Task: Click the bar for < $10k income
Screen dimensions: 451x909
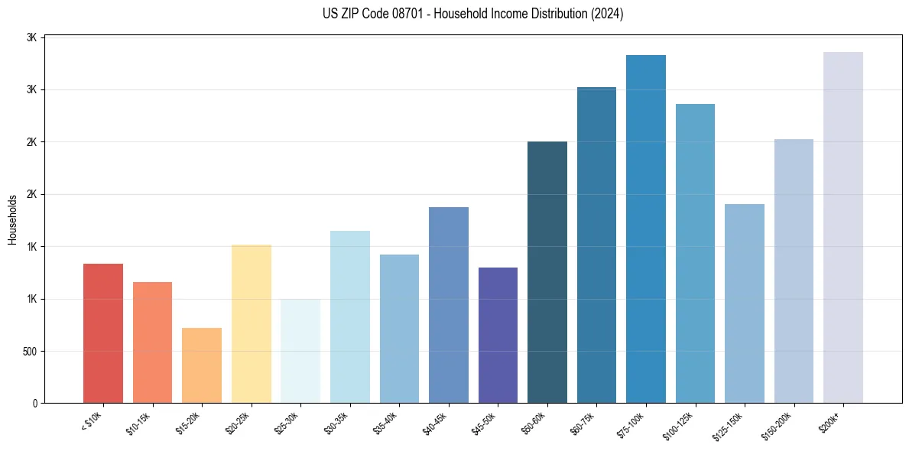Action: coord(103,333)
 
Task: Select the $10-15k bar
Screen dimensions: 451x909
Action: coord(152,342)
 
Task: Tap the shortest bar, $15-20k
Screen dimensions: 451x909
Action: coord(202,365)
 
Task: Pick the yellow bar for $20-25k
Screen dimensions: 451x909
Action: coord(252,323)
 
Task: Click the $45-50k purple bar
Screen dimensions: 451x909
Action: coord(498,335)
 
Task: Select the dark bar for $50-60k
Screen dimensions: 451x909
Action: coord(547,272)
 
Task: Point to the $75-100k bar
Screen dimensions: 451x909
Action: coord(646,229)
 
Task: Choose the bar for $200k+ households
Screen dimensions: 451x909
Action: coord(843,227)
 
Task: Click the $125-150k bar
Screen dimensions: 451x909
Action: coord(745,303)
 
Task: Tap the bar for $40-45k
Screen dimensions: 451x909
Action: coord(449,305)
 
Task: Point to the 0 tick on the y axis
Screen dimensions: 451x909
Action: coord(35,404)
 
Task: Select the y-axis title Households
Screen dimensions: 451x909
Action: coord(12,219)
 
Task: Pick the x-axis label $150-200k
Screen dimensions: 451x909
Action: coord(778,425)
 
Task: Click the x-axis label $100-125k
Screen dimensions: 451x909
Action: coord(680,425)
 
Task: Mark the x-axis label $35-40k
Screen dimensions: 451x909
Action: coord(387,423)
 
